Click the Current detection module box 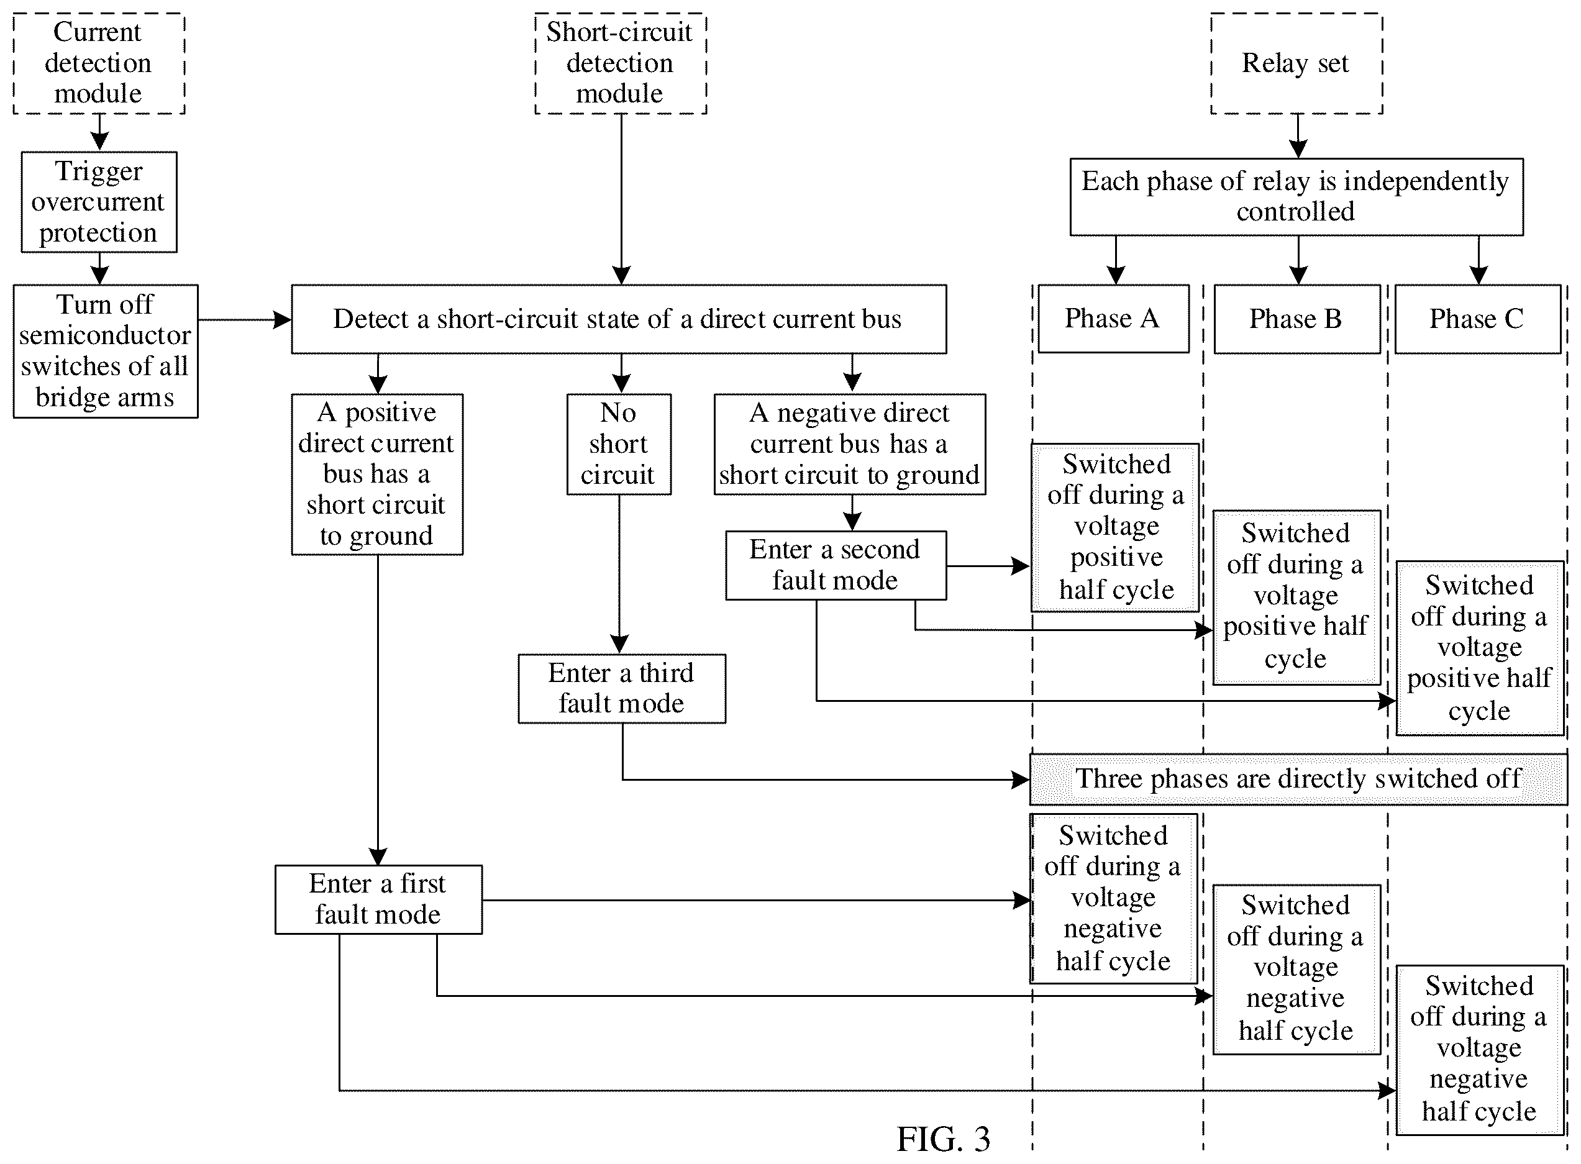coord(99,63)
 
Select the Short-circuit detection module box coord(620,63)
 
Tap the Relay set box coord(1296,63)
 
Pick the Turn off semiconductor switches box coord(105,351)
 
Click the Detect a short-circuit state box coord(619,319)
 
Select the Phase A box coord(1113,319)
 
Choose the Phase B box coord(1296,319)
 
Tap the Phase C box coord(1477,319)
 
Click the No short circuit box coord(619,444)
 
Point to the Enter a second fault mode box coord(836,565)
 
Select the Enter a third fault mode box coord(621,688)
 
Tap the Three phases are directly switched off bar coord(1298,780)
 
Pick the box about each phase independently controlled coord(1296,196)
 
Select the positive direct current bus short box coord(377,474)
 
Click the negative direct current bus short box coord(849,444)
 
